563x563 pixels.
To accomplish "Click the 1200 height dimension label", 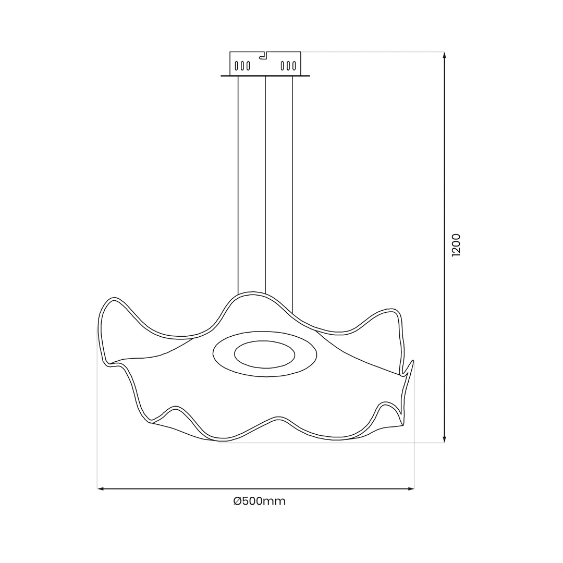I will pos(456,245).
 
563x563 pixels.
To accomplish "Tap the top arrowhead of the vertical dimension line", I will pos(444,55).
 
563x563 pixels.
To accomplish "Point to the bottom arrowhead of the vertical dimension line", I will pos(444,439).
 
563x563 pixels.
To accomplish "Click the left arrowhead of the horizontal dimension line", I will pos(101,488).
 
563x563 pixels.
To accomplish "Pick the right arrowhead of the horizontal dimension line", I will pos(411,488).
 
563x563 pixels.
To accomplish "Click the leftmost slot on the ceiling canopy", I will pos(236,66).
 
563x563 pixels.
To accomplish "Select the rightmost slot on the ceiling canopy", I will pos(294,66).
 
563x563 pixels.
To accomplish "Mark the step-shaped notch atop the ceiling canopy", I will pos(264,56).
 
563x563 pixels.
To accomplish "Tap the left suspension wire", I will pos(238,182).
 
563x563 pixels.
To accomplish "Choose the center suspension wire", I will pos(265,182).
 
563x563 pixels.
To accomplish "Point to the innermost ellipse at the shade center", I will pos(265,354).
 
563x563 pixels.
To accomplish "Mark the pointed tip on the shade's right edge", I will pos(413,361).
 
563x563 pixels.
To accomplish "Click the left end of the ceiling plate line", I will pos(222,76).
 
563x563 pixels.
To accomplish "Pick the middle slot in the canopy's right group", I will pos(288,66).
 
